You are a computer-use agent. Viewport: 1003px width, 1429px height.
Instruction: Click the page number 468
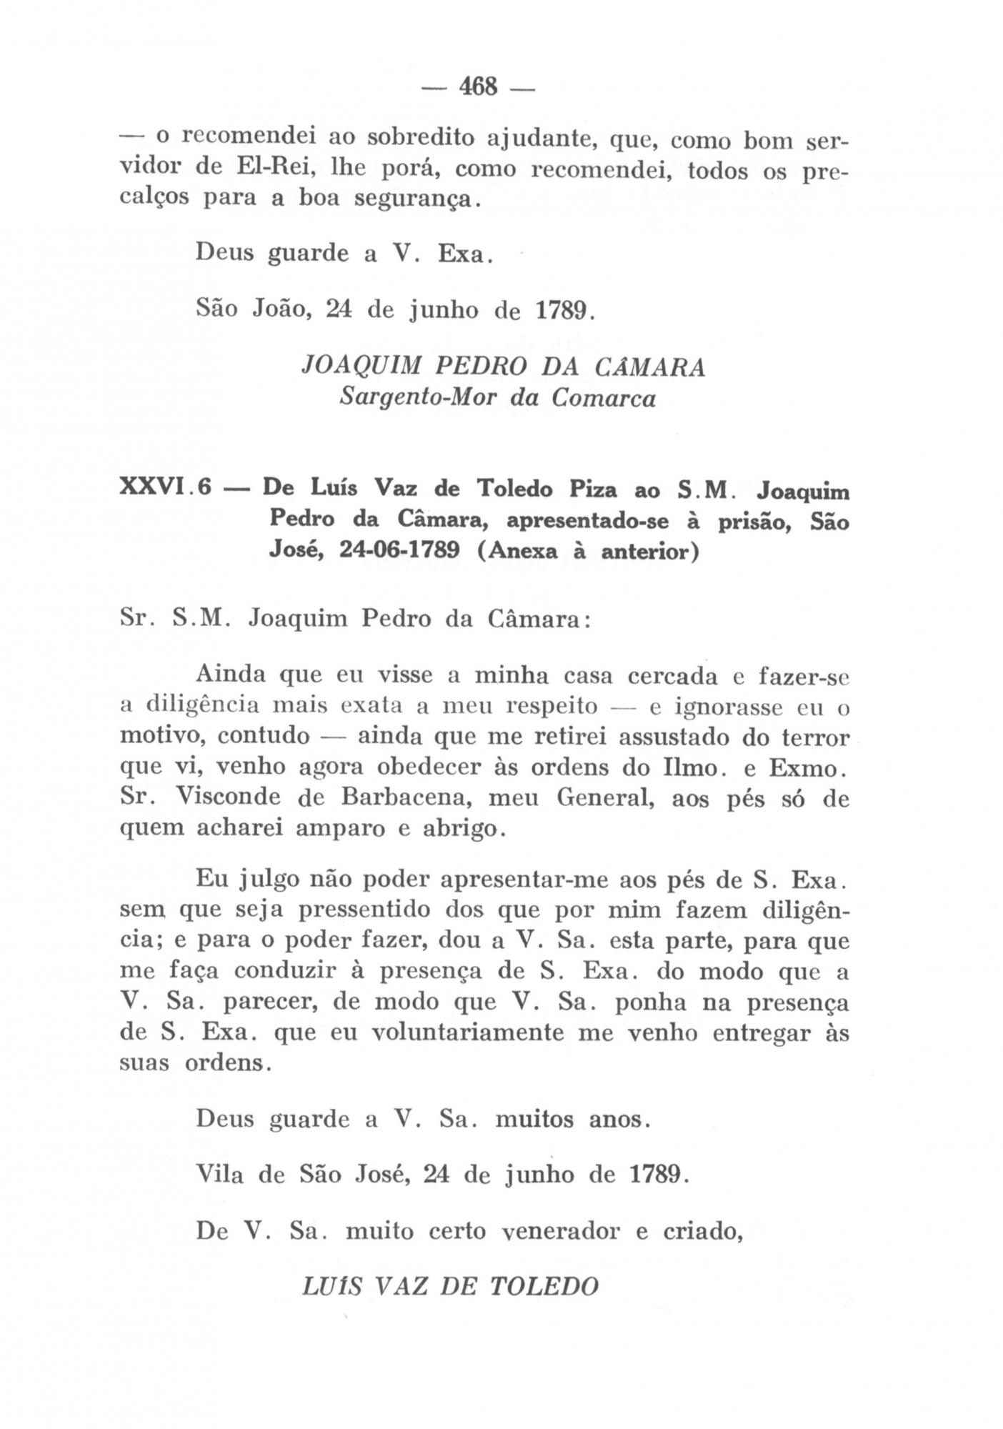click(x=478, y=86)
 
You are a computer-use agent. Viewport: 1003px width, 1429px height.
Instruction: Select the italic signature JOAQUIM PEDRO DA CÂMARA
click(x=504, y=367)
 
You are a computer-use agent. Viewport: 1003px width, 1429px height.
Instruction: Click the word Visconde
click(x=229, y=797)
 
